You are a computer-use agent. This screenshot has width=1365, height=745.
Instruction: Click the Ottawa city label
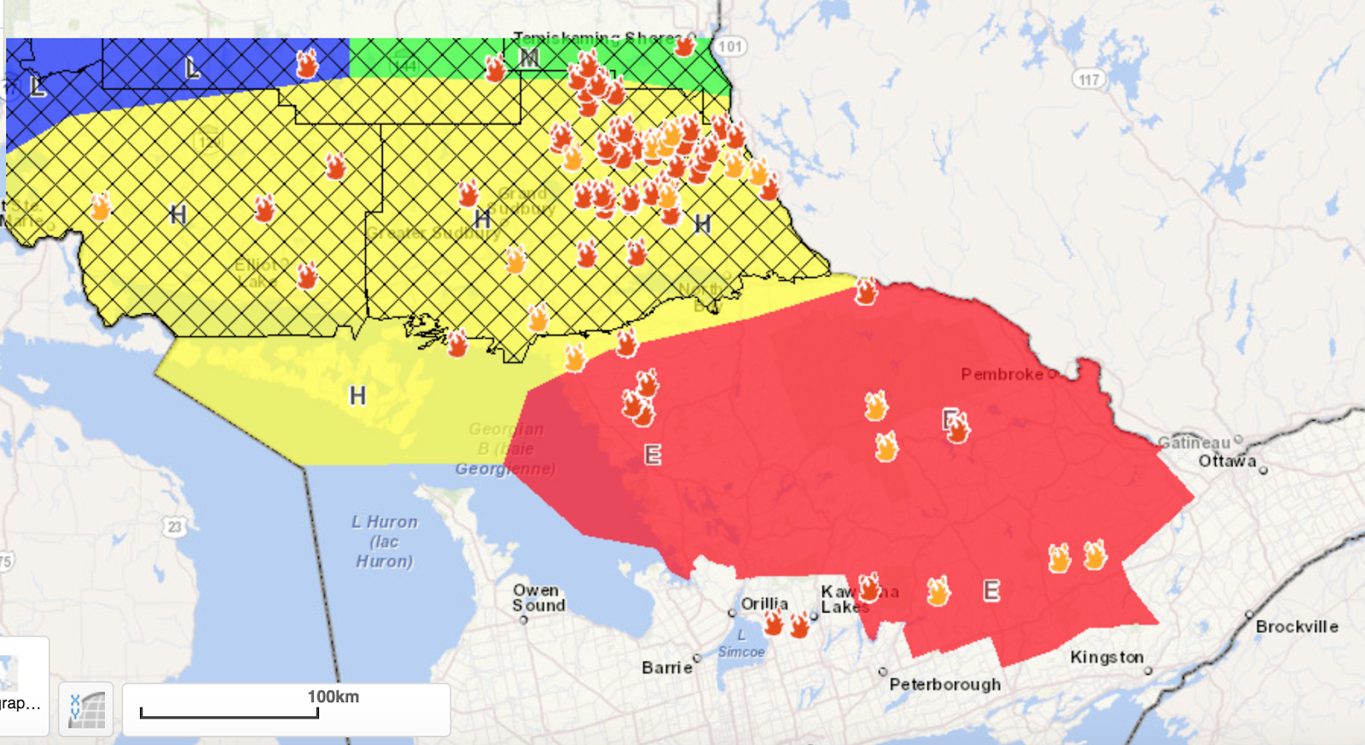click(x=1227, y=461)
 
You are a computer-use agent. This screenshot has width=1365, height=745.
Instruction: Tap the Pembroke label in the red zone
click(x=1002, y=375)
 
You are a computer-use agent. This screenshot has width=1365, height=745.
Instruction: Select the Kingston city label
click(x=1107, y=657)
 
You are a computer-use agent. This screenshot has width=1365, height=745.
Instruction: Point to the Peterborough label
click(x=944, y=684)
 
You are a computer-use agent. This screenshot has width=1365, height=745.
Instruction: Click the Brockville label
click(x=1296, y=626)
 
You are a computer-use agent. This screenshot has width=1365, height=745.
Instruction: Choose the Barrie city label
click(x=666, y=667)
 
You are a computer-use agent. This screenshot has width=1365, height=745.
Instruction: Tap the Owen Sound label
click(x=538, y=597)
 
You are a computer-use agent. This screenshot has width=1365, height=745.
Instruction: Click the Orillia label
click(x=764, y=603)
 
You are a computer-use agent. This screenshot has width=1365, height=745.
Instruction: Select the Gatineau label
click(x=1194, y=442)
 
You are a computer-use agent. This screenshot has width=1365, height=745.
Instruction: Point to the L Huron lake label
click(x=384, y=541)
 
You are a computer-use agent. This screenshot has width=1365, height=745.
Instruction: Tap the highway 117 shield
click(x=1089, y=79)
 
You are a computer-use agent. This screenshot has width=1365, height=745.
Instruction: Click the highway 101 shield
click(x=729, y=46)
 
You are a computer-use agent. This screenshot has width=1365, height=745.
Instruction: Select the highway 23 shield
click(x=175, y=527)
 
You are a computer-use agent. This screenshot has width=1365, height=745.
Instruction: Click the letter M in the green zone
click(x=529, y=57)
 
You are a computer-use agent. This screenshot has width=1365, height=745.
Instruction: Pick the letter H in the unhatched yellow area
click(x=357, y=395)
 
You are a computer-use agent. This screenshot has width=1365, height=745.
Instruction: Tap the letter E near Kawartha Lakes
click(x=990, y=590)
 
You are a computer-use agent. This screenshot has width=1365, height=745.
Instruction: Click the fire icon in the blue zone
click(x=306, y=63)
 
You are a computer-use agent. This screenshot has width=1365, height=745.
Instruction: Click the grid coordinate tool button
click(x=86, y=709)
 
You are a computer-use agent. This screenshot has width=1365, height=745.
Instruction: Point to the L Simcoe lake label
click(x=741, y=643)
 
